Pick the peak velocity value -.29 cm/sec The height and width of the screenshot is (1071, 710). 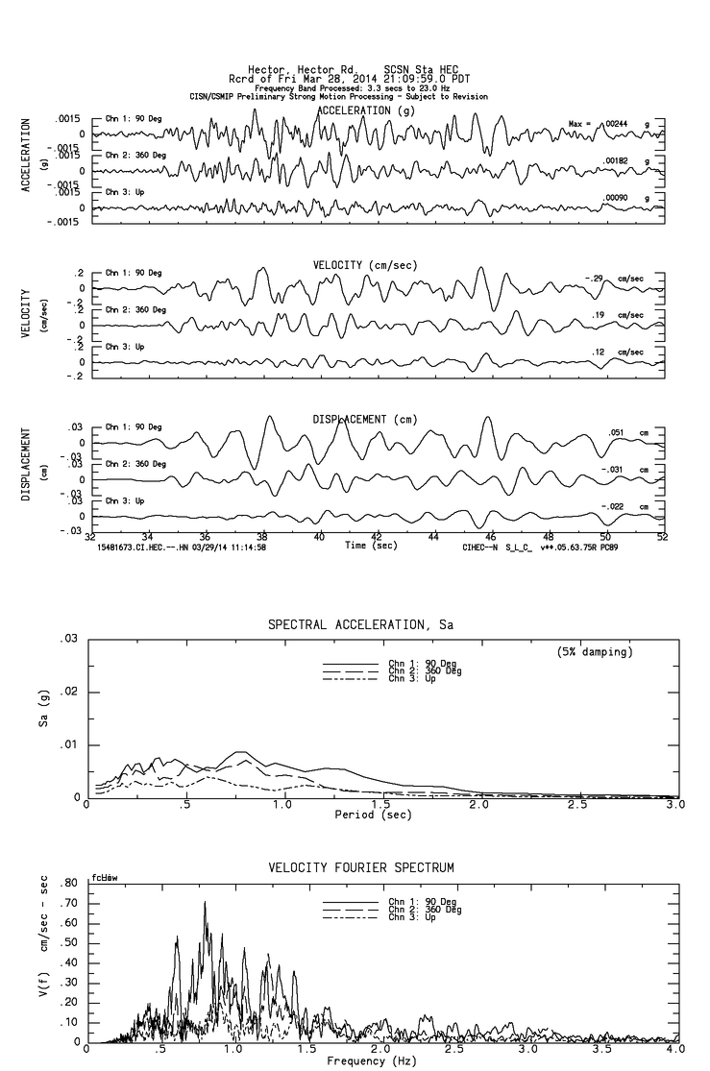[599, 279]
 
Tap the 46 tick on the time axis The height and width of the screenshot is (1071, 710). [491, 537]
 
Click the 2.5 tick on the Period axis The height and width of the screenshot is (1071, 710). [577, 805]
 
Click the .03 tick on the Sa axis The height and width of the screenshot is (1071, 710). [69, 639]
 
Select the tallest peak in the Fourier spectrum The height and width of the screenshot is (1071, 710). [205, 902]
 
